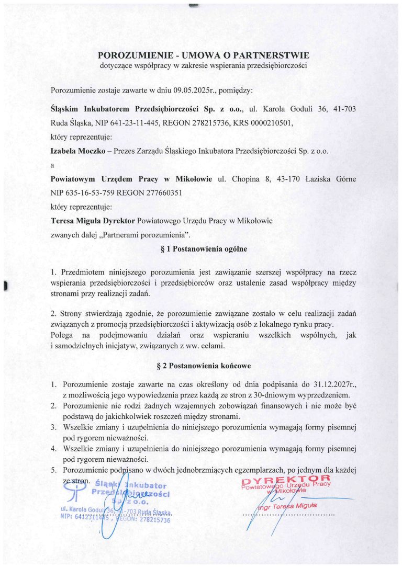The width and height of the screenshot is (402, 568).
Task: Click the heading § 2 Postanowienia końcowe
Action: tap(203, 367)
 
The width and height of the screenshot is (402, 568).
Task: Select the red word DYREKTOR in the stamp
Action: tap(286, 479)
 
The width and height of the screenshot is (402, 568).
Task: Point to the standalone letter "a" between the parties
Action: tap(52, 165)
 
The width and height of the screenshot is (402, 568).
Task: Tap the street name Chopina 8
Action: tap(245, 179)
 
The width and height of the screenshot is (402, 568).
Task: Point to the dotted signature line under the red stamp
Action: tap(288, 515)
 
